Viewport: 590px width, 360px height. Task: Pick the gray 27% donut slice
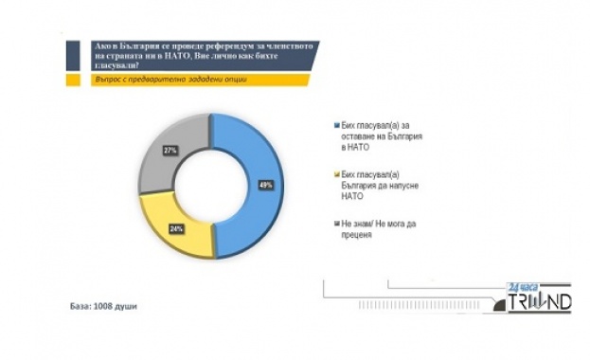(170, 152)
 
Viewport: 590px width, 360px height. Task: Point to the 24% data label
(176, 228)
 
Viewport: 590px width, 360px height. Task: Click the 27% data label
(171, 151)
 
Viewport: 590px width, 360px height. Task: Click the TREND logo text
(540, 303)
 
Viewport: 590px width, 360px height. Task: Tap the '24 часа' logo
(522, 284)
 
